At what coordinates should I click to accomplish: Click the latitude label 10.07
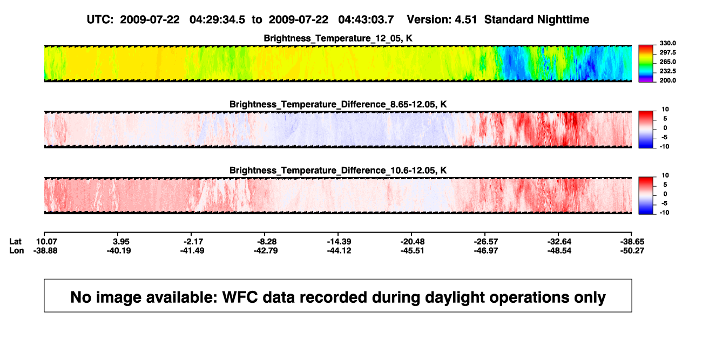click(x=46, y=242)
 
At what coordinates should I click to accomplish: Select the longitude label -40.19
click(x=119, y=250)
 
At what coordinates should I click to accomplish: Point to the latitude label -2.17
click(x=193, y=242)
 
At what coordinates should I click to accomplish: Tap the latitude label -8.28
click(x=267, y=242)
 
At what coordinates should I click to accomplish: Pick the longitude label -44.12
click(x=339, y=250)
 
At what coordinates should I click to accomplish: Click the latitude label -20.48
click(x=413, y=242)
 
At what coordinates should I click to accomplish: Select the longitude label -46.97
click(x=486, y=250)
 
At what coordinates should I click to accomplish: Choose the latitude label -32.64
click(x=559, y=242)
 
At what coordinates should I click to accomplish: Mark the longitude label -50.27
click(x=632, y=250)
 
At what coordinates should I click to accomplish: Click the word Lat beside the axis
click(x=15, y=242)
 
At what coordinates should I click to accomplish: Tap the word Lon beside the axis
click(x=16, y=250)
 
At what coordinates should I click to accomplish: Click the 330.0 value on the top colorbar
click(x=667, y=43)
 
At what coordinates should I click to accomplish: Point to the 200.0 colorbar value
click(x=667, y=80)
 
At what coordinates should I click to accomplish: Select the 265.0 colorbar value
click(x=667, y=62)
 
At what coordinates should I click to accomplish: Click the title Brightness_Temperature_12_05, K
click(x=338, y=38)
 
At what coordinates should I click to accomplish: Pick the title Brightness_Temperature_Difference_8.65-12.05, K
click(x=338, y=104)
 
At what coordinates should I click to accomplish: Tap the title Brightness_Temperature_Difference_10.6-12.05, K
click(x=338, y=171)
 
